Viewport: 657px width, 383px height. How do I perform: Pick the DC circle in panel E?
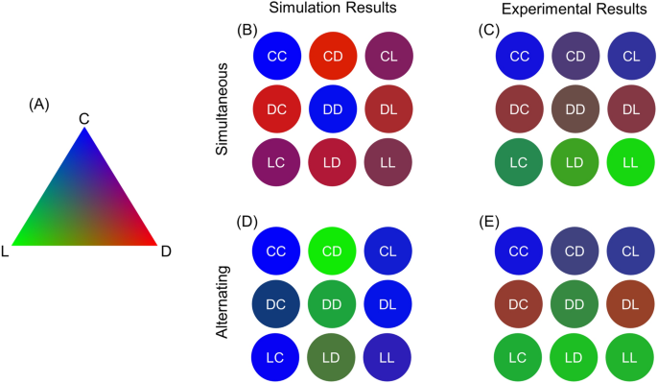(519, 304)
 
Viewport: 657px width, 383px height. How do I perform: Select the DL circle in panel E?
(629, 304)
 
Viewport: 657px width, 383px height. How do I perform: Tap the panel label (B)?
(247, 31)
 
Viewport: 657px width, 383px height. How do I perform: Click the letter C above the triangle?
(84, 118)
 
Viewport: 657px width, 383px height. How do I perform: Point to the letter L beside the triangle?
(7, 251)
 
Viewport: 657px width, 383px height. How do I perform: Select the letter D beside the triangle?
(165, 251)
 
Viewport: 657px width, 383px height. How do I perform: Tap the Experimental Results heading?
(575, 9)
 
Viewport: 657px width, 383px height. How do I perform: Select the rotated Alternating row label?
(223, 304)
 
